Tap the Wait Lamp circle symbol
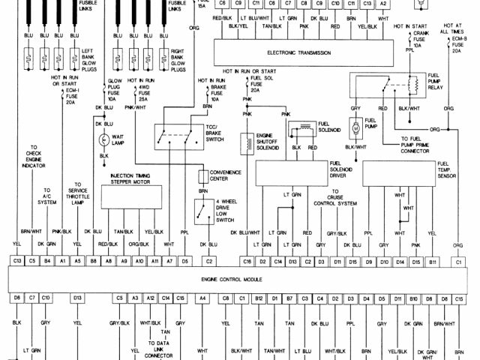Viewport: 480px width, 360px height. click(104, 139)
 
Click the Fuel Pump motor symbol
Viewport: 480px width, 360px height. click(354, 127)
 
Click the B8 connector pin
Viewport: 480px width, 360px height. click(93, 260)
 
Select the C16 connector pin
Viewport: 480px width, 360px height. click(246, 260)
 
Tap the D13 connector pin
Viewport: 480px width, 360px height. click(77, 298)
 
